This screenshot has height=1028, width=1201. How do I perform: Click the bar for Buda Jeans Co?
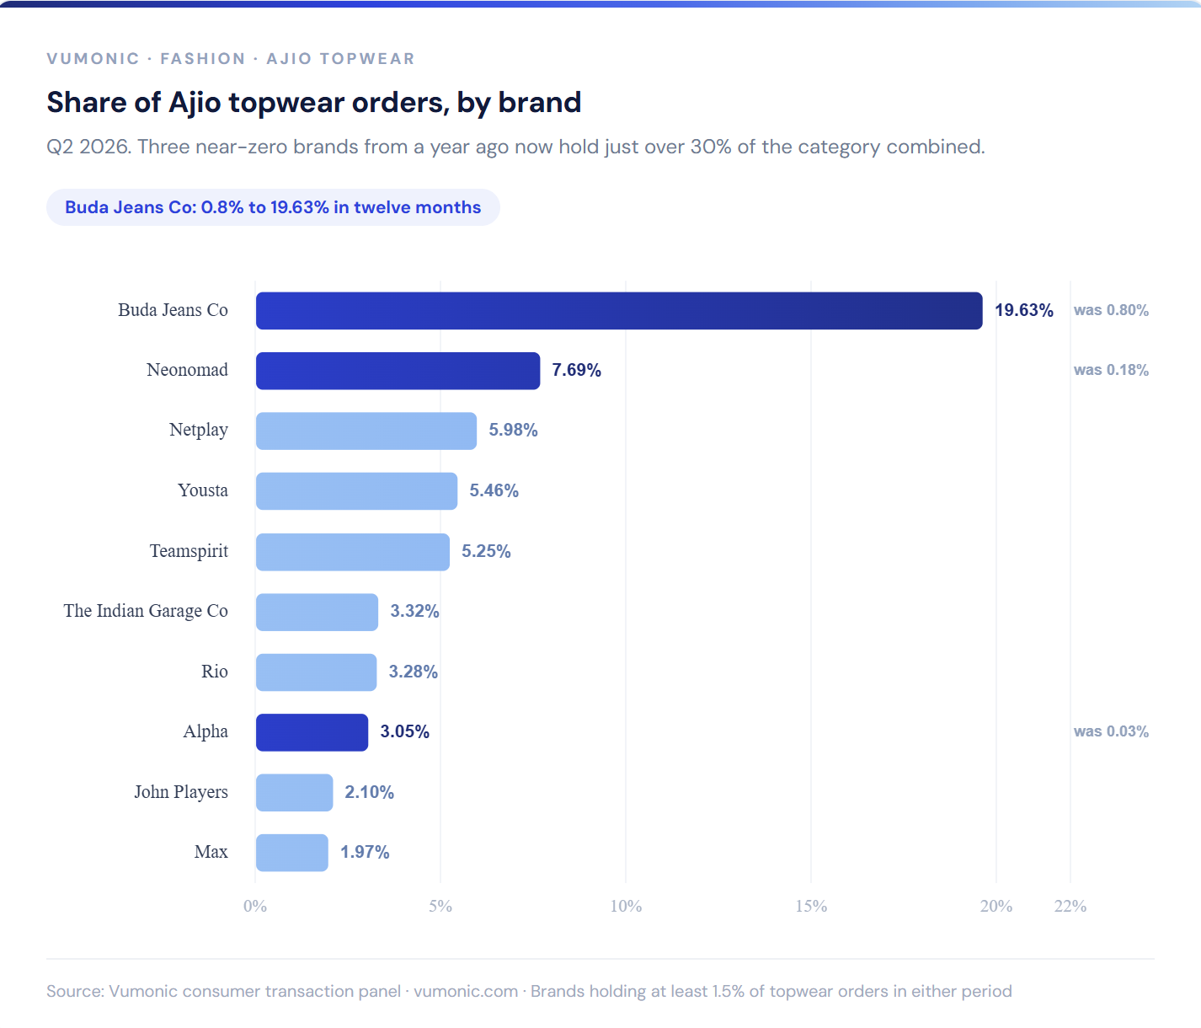pyautogui.click(x=619, y=310)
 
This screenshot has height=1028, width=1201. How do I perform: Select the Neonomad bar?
pyautogui.click(x=398, y=371)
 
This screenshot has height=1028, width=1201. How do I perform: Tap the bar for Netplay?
pyautogui.click(x=366, y=431)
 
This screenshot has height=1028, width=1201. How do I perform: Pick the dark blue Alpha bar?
pyautogui.click(x=312, y=732)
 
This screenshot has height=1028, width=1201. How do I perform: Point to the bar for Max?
pyautogui.click(x=291, y=853)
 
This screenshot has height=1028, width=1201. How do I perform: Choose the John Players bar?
pyautogui.click(x=294, y=793)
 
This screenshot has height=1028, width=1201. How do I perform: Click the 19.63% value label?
pyautogui.click(x=1024, y=310)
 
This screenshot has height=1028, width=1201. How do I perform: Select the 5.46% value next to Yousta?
pyautogui.click(x=494, y=490)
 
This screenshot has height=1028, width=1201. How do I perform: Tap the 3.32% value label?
pyautogui.click(x=414, y=611)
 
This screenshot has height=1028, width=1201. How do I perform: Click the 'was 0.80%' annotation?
pyautogui.click(x=1111, y=310)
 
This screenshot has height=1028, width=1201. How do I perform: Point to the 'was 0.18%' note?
pyautogui.click(x=1111, y=371)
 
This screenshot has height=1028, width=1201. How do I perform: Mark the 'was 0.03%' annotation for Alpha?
pyautogui.click(x=1111, y=731)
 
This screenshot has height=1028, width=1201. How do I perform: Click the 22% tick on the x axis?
pyautogui.click(x=1070, y=906)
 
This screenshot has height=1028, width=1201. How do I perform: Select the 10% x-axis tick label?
pyautogui.click(x=626, y=906)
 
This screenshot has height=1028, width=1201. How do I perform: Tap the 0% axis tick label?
pyautogui.click(x=255, y=906)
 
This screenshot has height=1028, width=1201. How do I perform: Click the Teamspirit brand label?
pyautogui.click(x=189, y=550)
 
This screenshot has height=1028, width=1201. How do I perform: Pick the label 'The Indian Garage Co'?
pyautogui.click(x=146, y=611)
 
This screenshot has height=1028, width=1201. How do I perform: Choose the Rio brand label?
pyautogui.click(x=215, y=672)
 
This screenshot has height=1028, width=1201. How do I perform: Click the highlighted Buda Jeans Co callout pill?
pyautogui.click(x=273, y=207)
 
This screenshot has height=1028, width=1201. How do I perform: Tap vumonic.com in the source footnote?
pyautogui.click(x=466, y=992)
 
